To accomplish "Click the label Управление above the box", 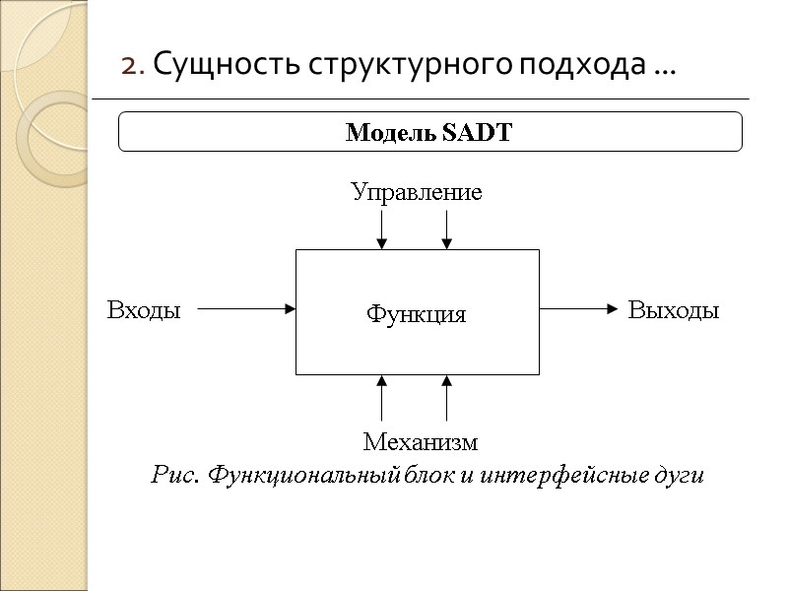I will [x=417, y=192].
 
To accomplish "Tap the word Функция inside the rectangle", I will [x=416, y=314].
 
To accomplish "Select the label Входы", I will [x=144, y=311].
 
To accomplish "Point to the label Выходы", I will [x=674, y=311].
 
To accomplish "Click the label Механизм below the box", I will [x=420, y=441].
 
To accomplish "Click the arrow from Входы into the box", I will [x=246, y=308].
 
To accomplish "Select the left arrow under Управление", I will [x=382, y=229].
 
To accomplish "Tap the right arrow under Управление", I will [x=446, y=229].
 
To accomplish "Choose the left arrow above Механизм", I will [x=382, y=398].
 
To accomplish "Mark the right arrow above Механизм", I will [x=446, y=398].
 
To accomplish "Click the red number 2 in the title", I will [x=128, y=67].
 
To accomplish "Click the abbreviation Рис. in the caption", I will [x=171, y=476].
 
